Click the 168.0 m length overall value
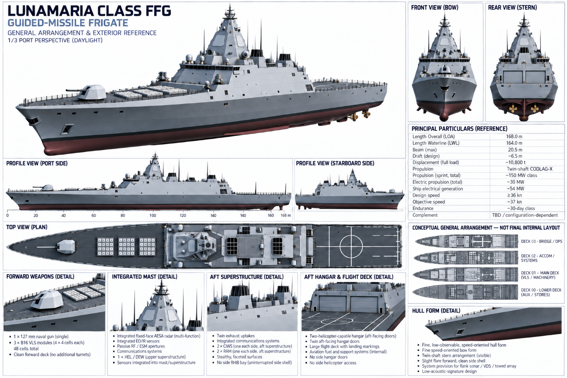(x=514, y=137)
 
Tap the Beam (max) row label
(x=425, y=150)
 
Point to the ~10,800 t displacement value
(x=515, y=162)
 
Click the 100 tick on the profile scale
(x=152, y=216)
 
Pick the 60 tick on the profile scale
(x=94, y=216)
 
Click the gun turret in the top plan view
(x=66, y=247)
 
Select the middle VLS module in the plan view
(x=127, y=247)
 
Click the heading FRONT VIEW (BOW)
(x=434, y=8)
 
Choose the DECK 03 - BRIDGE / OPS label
(x=542, y=241)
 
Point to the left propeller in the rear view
(x=513, y=109)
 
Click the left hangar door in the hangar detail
(x=333, y=304)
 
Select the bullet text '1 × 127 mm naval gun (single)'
(x=41, y=337)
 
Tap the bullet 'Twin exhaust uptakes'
(x=236, y=336)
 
